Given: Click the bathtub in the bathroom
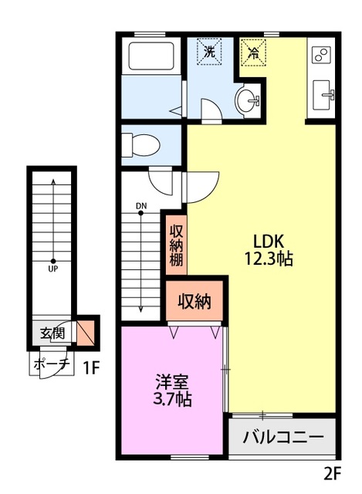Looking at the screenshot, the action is [151, 56].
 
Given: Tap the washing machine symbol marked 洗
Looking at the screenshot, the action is [209, 52].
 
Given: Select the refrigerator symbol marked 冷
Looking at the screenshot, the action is [253, 52].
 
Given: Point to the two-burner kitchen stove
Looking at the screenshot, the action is [321, 55].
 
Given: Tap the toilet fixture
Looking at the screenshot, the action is [140, 145].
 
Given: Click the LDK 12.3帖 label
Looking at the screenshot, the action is [269, 250].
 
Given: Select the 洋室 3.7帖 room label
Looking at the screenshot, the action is [172, 390].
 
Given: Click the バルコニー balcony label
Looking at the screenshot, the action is [283, 437].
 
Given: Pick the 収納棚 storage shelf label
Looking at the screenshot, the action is [177, 246].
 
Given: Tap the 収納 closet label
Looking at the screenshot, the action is [195, 302].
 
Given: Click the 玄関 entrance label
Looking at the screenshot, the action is [52, 333].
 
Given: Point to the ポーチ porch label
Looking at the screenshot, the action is [52, 364].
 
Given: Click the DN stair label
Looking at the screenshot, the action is [141, 206].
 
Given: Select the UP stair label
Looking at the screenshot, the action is [53, 269].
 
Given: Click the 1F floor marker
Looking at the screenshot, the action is [91, 367].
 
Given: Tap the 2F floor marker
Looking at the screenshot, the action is [333, 473].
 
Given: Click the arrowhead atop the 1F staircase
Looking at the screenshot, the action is [53, 181].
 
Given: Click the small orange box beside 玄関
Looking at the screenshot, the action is [86, 333].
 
